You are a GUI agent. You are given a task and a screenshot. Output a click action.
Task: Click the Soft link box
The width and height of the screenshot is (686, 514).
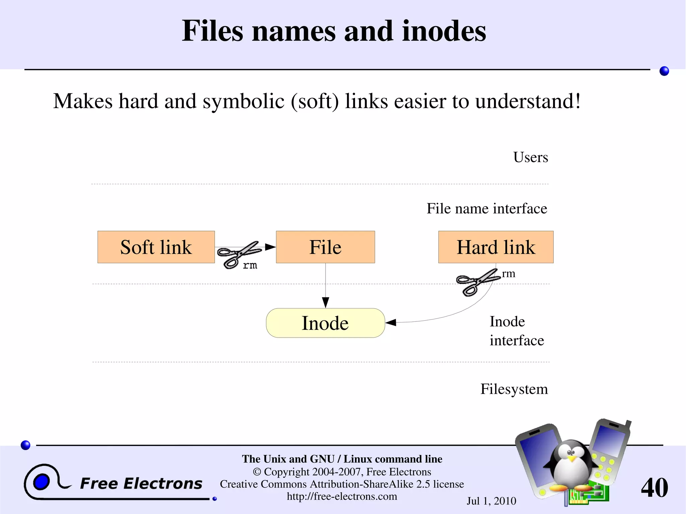click(x=156, y=247)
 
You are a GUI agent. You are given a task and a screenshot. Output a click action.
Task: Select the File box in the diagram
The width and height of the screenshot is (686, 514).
click(x=325, y=247)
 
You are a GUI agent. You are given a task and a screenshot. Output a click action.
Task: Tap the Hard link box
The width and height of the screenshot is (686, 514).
click(x=496, y=247)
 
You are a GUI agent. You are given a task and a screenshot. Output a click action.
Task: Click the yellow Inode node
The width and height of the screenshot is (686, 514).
click(x=325, y=323)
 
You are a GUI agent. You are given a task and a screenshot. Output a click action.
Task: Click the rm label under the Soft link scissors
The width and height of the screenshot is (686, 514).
click(x=250, y=266)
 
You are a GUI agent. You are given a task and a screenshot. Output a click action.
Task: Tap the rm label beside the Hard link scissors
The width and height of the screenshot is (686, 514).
click(x=508, y=274)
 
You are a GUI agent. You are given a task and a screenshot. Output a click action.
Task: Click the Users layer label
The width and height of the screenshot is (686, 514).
click(x=531, y=157)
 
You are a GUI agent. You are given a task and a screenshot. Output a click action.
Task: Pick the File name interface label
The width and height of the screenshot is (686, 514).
click(x=487, y=209)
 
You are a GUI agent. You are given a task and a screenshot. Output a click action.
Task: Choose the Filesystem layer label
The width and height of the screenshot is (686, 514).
click(x=514, y=389)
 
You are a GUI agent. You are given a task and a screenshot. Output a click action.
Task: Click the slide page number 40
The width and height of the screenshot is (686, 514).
click(x=654, y=488)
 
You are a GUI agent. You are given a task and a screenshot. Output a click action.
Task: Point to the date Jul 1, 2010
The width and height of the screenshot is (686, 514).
click(x=491, y=501)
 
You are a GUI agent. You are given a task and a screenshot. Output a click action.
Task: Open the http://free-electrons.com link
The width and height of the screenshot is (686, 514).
click(x=342, y=496)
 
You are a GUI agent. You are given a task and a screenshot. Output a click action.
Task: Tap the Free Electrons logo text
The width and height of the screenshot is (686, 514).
click(x=141, y=484)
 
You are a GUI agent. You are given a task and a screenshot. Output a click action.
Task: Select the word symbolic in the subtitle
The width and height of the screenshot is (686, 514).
click(x=244, y=101)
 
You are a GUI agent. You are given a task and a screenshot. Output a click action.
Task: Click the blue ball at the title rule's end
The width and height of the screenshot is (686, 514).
click(x=664, y=71)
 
